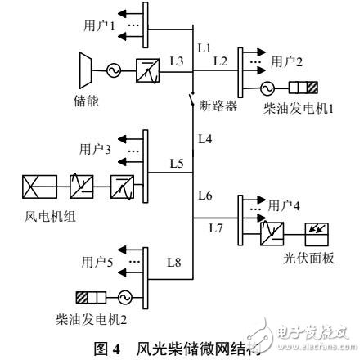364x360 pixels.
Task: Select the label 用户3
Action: [95, 150]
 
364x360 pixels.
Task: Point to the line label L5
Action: [176, 163]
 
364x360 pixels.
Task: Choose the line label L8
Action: [174, 263]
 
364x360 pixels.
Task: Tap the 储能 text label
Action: [85, 101]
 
